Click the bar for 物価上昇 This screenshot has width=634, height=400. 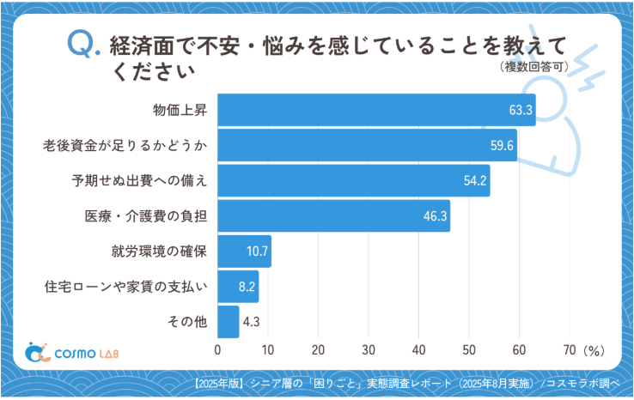pyautogui.click(x=376, y=110)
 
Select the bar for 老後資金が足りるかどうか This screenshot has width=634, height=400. pyautogui.click(x=367, y=145)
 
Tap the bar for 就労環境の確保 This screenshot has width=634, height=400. pyautogui.click(x=244, y=252)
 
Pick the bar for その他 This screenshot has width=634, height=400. pyautogui.click(x=228, y=322)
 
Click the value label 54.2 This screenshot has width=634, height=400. pyautogui.click(x=475, y=180)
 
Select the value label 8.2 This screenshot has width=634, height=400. pyautogui.click(x=245, y=287)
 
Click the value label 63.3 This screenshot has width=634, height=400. pyautogui.click(x=521, y=110)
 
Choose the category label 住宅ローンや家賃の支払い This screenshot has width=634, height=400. pyautogui.click(x=125, y=287)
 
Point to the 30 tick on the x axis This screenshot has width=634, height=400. pyautogui.click(x=369, y=350)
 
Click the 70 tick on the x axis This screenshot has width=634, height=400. pyautogui.click(x=570, y=350)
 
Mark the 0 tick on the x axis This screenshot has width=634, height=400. pyautogui.click(x=217, y=350)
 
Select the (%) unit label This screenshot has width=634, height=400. pyautogui.click(x=594, y=350)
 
